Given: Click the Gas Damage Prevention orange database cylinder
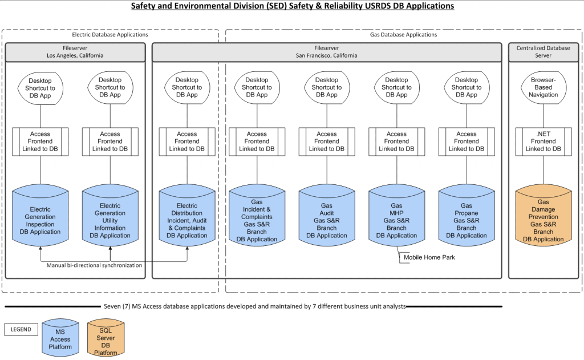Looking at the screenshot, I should pos(543,217).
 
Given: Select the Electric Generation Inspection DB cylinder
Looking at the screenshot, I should pos(40,220).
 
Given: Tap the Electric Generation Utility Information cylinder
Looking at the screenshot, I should pos(110,220).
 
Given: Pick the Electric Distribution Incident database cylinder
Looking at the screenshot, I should pos(186,220).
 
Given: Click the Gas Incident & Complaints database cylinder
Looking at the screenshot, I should pos(257,220).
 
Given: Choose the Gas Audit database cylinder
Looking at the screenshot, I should pos(326,220).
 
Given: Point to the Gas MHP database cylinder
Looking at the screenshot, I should pos(396,220).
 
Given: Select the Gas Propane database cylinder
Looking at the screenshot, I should pos(466,220).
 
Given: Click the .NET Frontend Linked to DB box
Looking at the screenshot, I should pos(543,141).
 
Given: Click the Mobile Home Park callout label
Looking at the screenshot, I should pos(429,257).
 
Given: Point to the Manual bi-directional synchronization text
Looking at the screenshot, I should pos(94,265).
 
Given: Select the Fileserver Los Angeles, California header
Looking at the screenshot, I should pos(75,52).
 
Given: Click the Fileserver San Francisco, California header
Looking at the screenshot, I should pos(327,52).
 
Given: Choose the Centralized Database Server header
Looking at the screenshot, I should pos(543,52).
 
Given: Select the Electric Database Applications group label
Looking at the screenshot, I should pos(110,35).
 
